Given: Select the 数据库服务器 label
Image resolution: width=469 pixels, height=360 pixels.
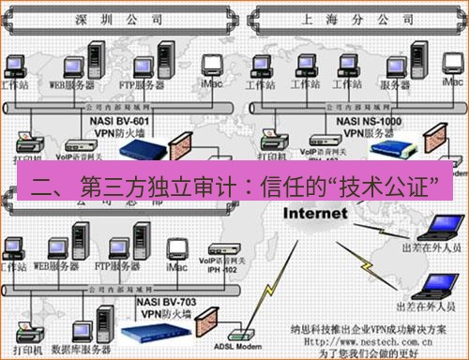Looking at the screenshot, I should tap(79, 343).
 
